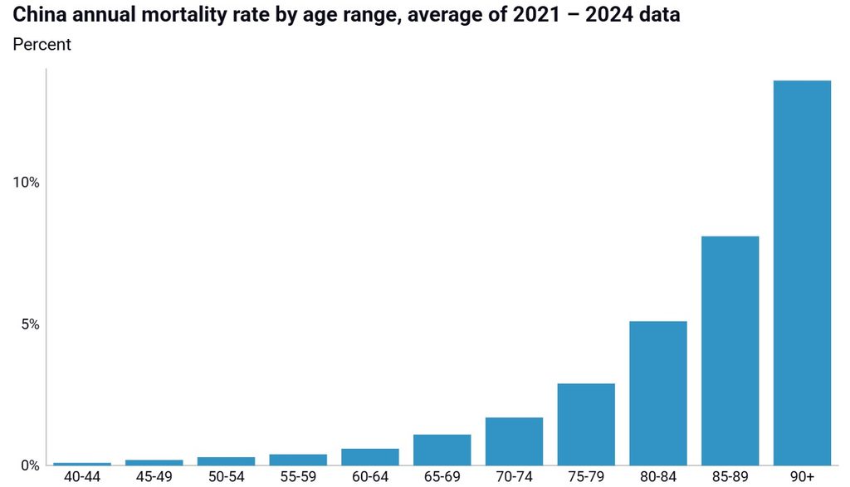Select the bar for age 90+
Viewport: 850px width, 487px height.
click(x=802, y=273)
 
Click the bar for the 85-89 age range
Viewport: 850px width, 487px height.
click(x=730, y=350)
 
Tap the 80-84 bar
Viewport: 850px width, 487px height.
click(x=658, y=393)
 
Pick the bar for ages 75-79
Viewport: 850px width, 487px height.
click(x=586, y=424)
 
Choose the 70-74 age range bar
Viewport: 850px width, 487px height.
click(x=514, y=441)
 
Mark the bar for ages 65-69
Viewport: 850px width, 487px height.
click(x=442, y=450)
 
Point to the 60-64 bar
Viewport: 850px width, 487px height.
click(x=370, y=456)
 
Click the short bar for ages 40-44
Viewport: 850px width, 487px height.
click(x=82, y=464)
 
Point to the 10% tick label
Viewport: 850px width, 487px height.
click(x=26, y=183)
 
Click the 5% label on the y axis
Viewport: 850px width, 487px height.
click(x=31, y=324)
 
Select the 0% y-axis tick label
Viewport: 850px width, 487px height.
click(x=31, y=466)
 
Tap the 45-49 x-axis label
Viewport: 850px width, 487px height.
click(x=154, y=477)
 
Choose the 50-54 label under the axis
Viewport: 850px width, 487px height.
click(x=226, y=477)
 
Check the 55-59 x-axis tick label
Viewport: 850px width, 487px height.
click(x=298, y=477)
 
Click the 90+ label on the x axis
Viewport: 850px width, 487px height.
click(x=802, y=477)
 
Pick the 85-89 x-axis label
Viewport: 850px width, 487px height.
click(x=730, y=477)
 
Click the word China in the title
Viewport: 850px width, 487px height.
click(x=40, y=15)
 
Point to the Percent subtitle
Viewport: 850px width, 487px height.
click(x=42, y=45)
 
